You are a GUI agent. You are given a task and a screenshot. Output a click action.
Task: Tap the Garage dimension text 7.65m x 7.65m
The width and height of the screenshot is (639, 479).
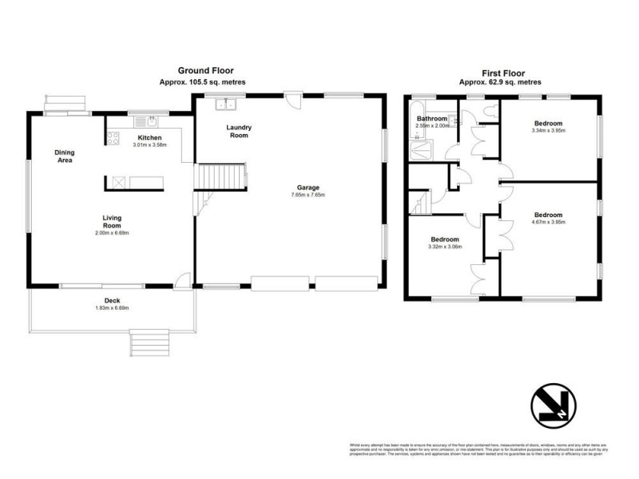(307, 195)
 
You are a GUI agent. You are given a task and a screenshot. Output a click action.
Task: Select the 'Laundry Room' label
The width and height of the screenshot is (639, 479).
(238, 131)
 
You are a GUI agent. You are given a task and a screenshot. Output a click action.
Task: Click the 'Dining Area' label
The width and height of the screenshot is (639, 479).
(64, 156)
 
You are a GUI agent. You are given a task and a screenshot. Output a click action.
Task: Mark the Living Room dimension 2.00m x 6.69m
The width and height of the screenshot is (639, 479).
(111, 233)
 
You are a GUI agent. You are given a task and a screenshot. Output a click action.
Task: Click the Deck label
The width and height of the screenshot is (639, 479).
(111, 300)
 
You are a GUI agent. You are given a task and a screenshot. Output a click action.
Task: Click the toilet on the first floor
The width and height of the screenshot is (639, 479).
(488, 110)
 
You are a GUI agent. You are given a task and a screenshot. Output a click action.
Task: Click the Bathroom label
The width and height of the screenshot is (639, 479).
(431, 118)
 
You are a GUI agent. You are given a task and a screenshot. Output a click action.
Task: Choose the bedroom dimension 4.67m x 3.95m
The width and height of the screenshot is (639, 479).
(548, 222)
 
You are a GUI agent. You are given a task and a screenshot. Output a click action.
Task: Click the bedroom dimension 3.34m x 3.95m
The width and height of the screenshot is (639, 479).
(548, 130)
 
